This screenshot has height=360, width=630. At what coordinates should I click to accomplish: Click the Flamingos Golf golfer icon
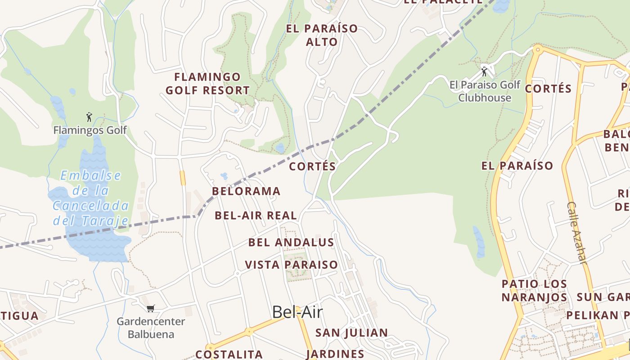tap(89, 117)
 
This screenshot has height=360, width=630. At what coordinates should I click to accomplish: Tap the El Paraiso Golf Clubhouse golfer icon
tap(484, 72)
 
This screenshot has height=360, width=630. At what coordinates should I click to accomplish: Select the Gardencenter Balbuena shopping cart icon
tap(151, 308)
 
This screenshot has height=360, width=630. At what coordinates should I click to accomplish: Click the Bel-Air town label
tap(297, 312)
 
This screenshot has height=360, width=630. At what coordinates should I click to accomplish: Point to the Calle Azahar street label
tap(576, 232)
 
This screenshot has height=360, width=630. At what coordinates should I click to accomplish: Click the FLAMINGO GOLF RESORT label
tap(207, 84)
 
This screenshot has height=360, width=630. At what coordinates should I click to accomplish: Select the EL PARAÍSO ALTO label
tap(322, 35)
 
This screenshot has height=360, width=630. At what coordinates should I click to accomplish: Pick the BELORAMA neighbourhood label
tap(246, 191)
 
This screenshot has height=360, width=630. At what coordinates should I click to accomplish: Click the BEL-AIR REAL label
tap(256, 216)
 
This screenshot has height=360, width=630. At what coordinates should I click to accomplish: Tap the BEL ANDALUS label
tap(291, 243)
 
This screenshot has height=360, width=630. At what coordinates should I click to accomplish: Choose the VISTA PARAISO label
tap(291, 265)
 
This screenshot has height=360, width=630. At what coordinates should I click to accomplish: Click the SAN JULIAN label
tap(351, 333)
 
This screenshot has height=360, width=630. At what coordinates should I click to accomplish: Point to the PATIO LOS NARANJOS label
tap(534, 291)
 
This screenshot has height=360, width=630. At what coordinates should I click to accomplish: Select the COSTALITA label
tap(229, 354)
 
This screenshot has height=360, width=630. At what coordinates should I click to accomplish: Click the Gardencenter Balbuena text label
tap(151, 328)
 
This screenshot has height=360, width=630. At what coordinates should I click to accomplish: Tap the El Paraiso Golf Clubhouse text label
tap(485, 91)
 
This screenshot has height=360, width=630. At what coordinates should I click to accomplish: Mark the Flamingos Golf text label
tap(90, 130)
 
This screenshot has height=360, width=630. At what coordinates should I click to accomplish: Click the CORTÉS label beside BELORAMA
tap(312, 166)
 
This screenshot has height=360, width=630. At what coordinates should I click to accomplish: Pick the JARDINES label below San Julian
tap(335, 354)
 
